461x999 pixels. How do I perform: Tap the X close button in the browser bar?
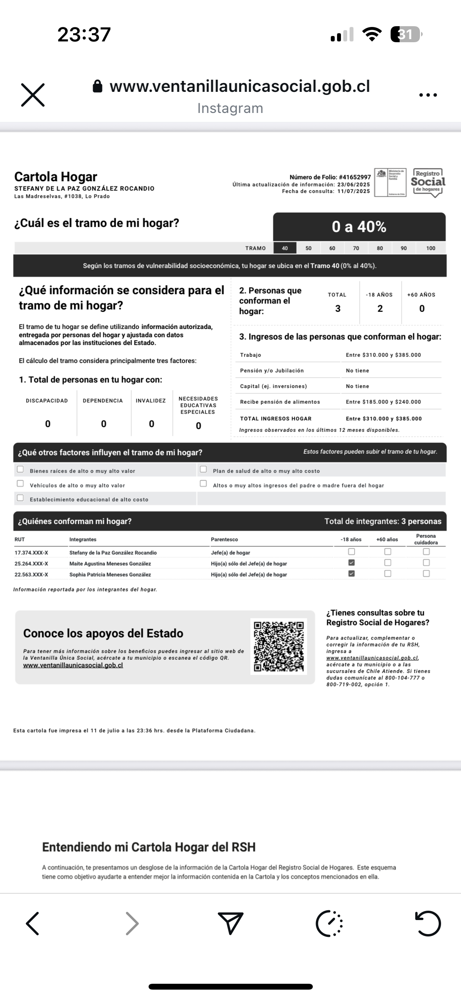[x=33, y=95]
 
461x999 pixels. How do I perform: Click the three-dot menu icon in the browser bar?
[x=428, y=95]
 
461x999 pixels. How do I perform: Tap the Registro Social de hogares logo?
[x=428, y=182]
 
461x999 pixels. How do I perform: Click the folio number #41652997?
[x=355, y=177]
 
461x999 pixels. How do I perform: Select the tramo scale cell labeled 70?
[x=356, y=248]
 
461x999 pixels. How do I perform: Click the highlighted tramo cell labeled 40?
[x=285, y=248]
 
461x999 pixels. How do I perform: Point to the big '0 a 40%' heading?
[x=359, y=227]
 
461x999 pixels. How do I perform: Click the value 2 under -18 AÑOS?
[x=380, y=309]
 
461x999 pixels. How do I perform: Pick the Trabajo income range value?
[x=383, y=355]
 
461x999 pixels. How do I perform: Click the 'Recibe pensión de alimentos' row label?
[x=280, y=402]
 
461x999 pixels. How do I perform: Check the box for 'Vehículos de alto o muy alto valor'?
[x=20, y=483]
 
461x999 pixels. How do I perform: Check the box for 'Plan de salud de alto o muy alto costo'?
[x=203, y=469]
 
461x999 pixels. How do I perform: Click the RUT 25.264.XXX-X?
[x=31, y=564]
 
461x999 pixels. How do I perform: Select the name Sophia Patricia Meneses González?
[x=110, y=575]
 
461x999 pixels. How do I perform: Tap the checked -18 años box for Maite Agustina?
[x=352, y=563]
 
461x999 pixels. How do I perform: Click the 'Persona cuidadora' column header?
[x=426, y=539]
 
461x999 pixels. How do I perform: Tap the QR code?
[x=278, y=646]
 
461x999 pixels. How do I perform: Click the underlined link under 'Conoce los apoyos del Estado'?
[x=73, y=665]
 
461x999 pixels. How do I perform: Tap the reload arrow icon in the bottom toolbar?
[x=428, y=924]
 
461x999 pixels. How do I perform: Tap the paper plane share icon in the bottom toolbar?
[x=230, y=923]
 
